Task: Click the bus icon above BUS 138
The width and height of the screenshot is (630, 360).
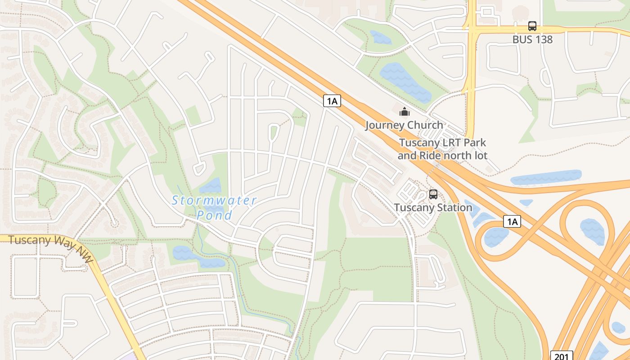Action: point(532,26)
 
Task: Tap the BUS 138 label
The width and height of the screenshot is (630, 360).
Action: point(532,40)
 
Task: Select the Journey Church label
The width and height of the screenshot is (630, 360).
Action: point(404,125)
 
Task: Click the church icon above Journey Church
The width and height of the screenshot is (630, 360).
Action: point(405,111)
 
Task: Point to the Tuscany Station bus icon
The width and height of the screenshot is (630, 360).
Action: point(433,194)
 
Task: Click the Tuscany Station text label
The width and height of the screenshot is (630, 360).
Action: point(433,208)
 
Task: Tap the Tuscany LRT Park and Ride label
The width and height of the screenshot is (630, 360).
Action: point(442,149)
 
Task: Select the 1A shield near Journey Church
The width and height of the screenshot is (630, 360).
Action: point(332,101)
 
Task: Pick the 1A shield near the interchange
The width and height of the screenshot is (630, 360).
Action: point(512,221)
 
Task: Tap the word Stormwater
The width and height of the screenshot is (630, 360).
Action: point(214,201)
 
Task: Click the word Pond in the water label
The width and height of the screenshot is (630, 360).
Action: point(215,215)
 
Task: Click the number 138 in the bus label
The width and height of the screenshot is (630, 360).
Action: point(543,40)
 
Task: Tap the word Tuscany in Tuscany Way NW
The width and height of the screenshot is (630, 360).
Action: point(28,240)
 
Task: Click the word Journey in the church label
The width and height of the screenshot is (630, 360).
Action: point(383,125)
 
